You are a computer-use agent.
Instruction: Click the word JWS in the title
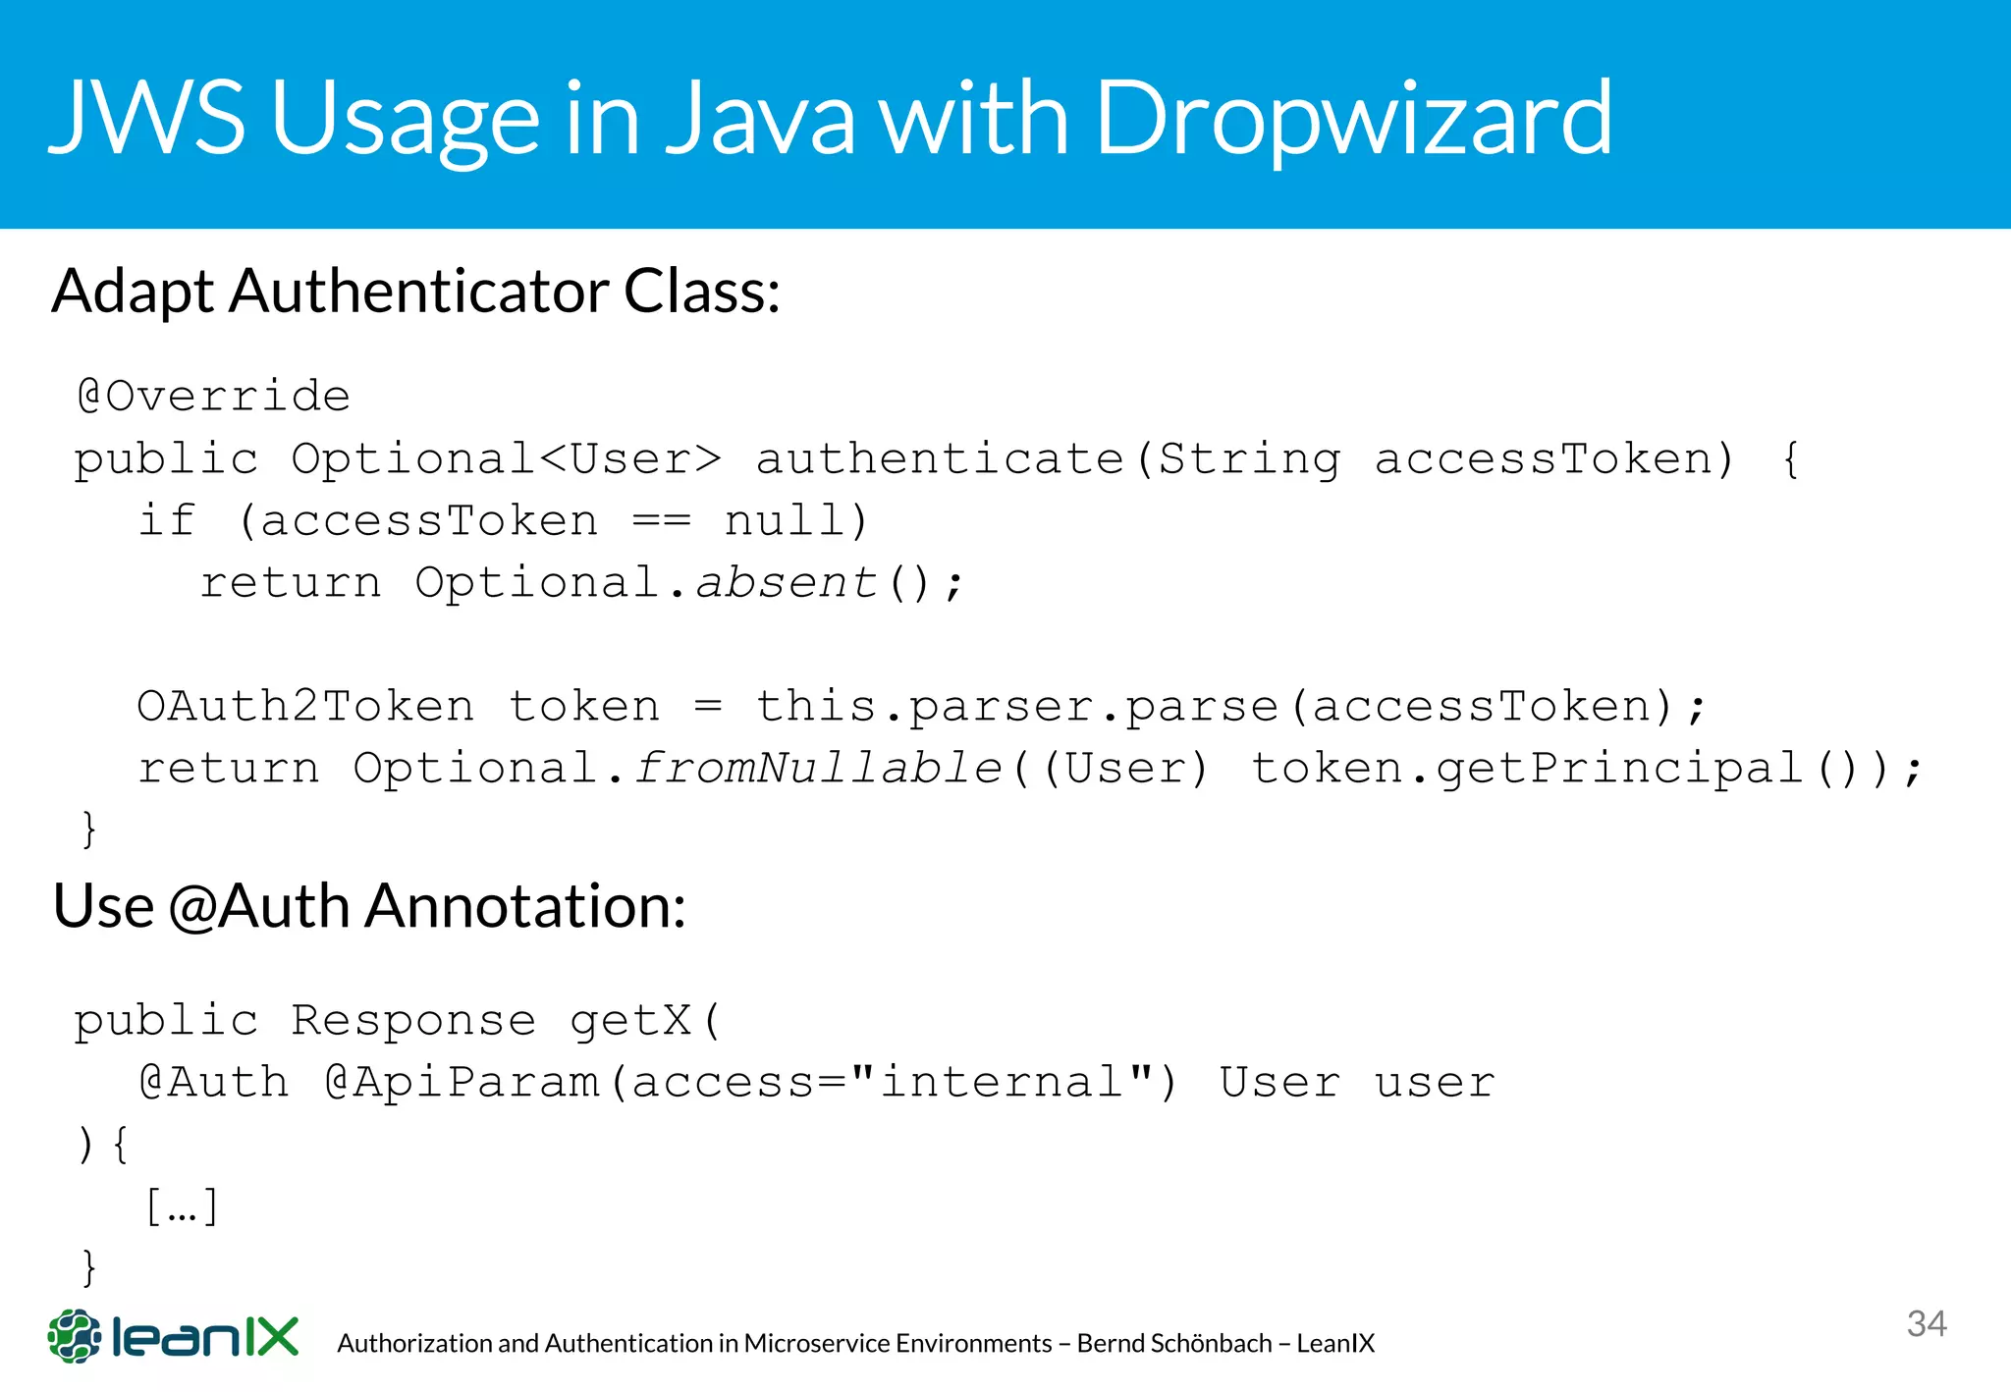147,118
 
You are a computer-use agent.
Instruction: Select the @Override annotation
213,397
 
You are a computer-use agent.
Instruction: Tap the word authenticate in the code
940,459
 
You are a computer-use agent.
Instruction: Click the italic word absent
786,583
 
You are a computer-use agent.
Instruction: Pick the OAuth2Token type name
305,707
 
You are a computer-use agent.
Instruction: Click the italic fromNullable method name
817,769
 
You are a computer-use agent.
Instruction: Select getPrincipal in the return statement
1620,769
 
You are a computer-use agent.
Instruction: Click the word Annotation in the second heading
524,906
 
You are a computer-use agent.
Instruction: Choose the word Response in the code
413,1021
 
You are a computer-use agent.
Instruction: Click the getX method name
631,1021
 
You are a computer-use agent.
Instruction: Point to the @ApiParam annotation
462,1083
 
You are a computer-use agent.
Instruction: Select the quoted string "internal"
1002,1083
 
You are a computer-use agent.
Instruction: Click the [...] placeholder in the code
182,1206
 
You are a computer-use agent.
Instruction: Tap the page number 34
1927,1324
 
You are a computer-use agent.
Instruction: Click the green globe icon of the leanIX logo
75,1336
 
